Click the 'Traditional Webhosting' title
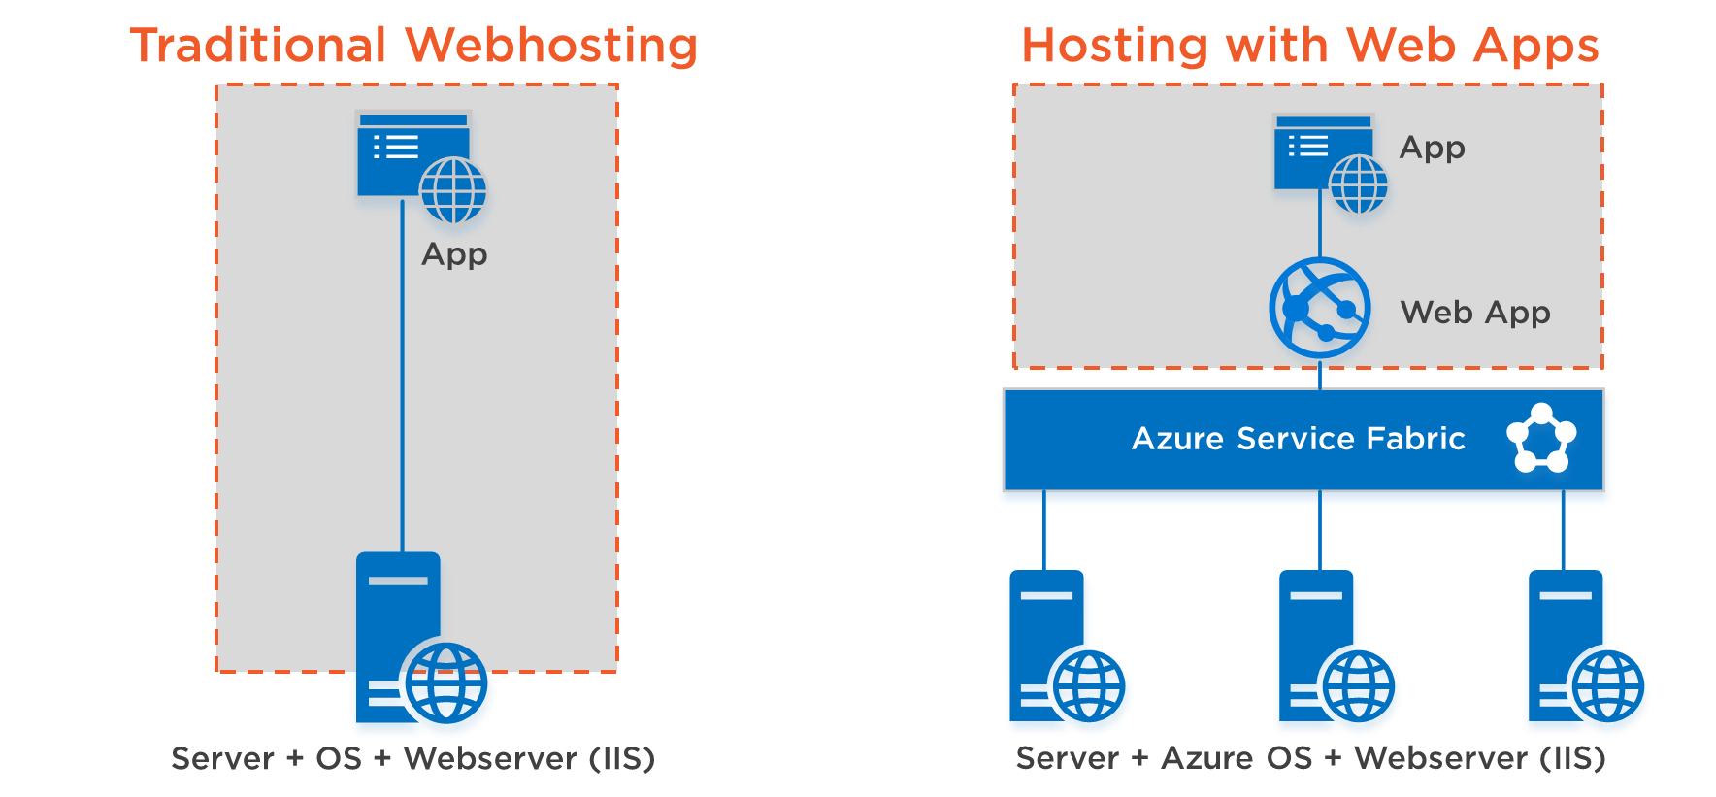click(x=414, y=46)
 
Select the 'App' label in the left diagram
click(x=454, y=255)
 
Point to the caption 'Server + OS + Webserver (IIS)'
click(x=413, y=758)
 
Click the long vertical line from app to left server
click(x=403, y=376)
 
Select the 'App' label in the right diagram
click(x=1433, y=149)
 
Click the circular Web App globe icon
click(x=1320, y=308)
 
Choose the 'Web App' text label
click(x=1475, y=314)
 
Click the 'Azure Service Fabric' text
click(x=1299, y=439)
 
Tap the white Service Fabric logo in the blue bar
click(x=1541, y=438)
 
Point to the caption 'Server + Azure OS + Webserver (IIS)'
click(x=1311, y=758)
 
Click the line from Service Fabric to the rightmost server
click(x=1563, y=530)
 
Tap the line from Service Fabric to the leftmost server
click(x=1044, y=530)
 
